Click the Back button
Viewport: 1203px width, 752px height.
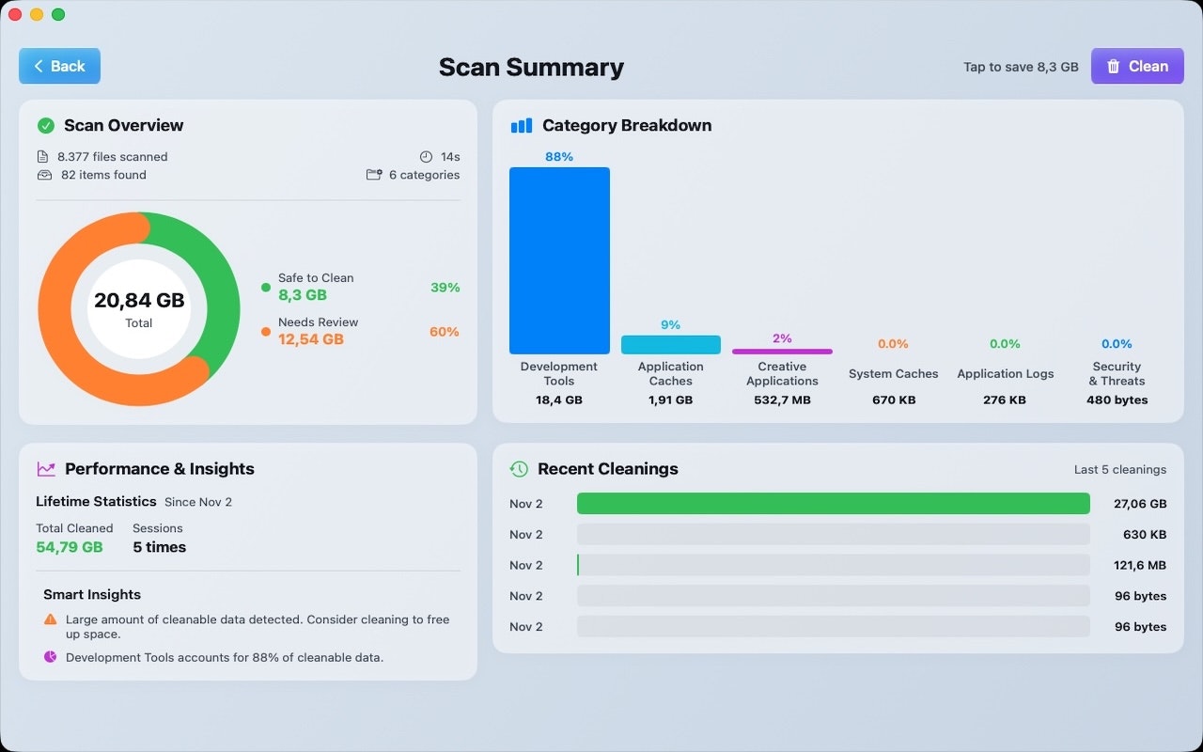tap(59, 66)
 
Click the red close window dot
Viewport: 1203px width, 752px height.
tap(15, 14)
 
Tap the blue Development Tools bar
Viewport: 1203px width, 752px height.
tap(559, 260)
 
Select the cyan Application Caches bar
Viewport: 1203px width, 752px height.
tap(670, 345)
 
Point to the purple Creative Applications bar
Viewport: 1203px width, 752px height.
tap(782, 352)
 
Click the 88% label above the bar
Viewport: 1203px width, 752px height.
tap(559, 157)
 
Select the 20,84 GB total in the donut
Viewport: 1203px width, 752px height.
tap(139, 301)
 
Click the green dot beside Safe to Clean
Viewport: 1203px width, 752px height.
tap(266, 287)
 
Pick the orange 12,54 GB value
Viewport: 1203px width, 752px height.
tap(311, 339)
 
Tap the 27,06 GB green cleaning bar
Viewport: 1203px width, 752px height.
tap(833, 504)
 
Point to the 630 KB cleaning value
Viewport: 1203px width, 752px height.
tap(1145, 535)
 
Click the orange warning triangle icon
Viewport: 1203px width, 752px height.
tap(50, 619)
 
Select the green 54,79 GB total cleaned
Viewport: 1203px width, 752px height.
tap(70, 547)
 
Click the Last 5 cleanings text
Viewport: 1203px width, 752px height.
tap(1119, 469)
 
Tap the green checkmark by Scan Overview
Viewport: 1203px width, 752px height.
tap(45, 125)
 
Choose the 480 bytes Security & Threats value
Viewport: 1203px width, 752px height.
tap(1117, 399)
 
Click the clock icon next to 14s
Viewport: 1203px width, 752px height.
tap(426, 157)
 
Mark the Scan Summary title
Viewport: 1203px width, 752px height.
tap(531, 67)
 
